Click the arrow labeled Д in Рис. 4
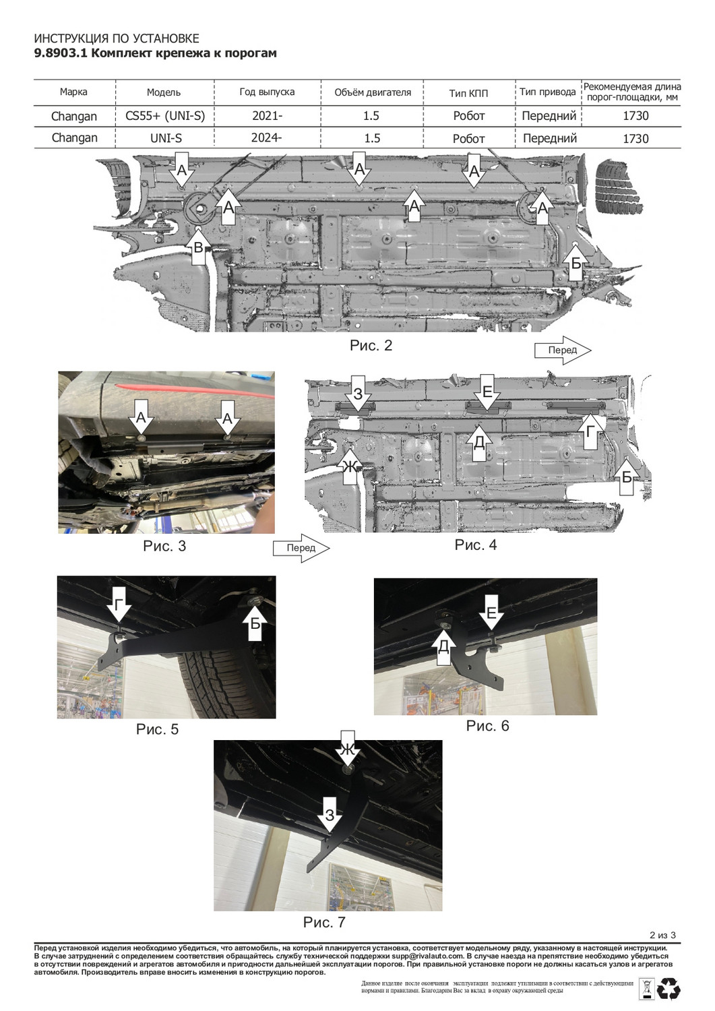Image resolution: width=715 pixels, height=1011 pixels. tap(479, 442)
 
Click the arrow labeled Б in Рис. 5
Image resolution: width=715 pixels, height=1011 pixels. tap(255, 621)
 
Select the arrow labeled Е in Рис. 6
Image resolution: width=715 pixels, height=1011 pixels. tap(491, 613)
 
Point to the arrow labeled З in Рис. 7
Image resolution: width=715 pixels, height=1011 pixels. tap(330, 814)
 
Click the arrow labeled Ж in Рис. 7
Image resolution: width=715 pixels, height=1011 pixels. tap(347, 749)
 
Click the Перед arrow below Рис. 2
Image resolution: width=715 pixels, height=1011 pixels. tap(563, 350)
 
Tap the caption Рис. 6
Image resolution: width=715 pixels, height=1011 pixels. tap(487, 726)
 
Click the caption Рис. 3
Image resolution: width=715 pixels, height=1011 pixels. tap(164, 546)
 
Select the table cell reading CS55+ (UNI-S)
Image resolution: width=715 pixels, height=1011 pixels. tap(165, 116)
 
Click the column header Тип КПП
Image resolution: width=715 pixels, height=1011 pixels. tap(468, 93)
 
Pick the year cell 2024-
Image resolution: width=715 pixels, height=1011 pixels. tap(267, 137)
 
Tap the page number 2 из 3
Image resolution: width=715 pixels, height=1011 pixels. tap(662, 935)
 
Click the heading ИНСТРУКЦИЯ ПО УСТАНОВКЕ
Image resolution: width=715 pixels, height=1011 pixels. tap(117, 38)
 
